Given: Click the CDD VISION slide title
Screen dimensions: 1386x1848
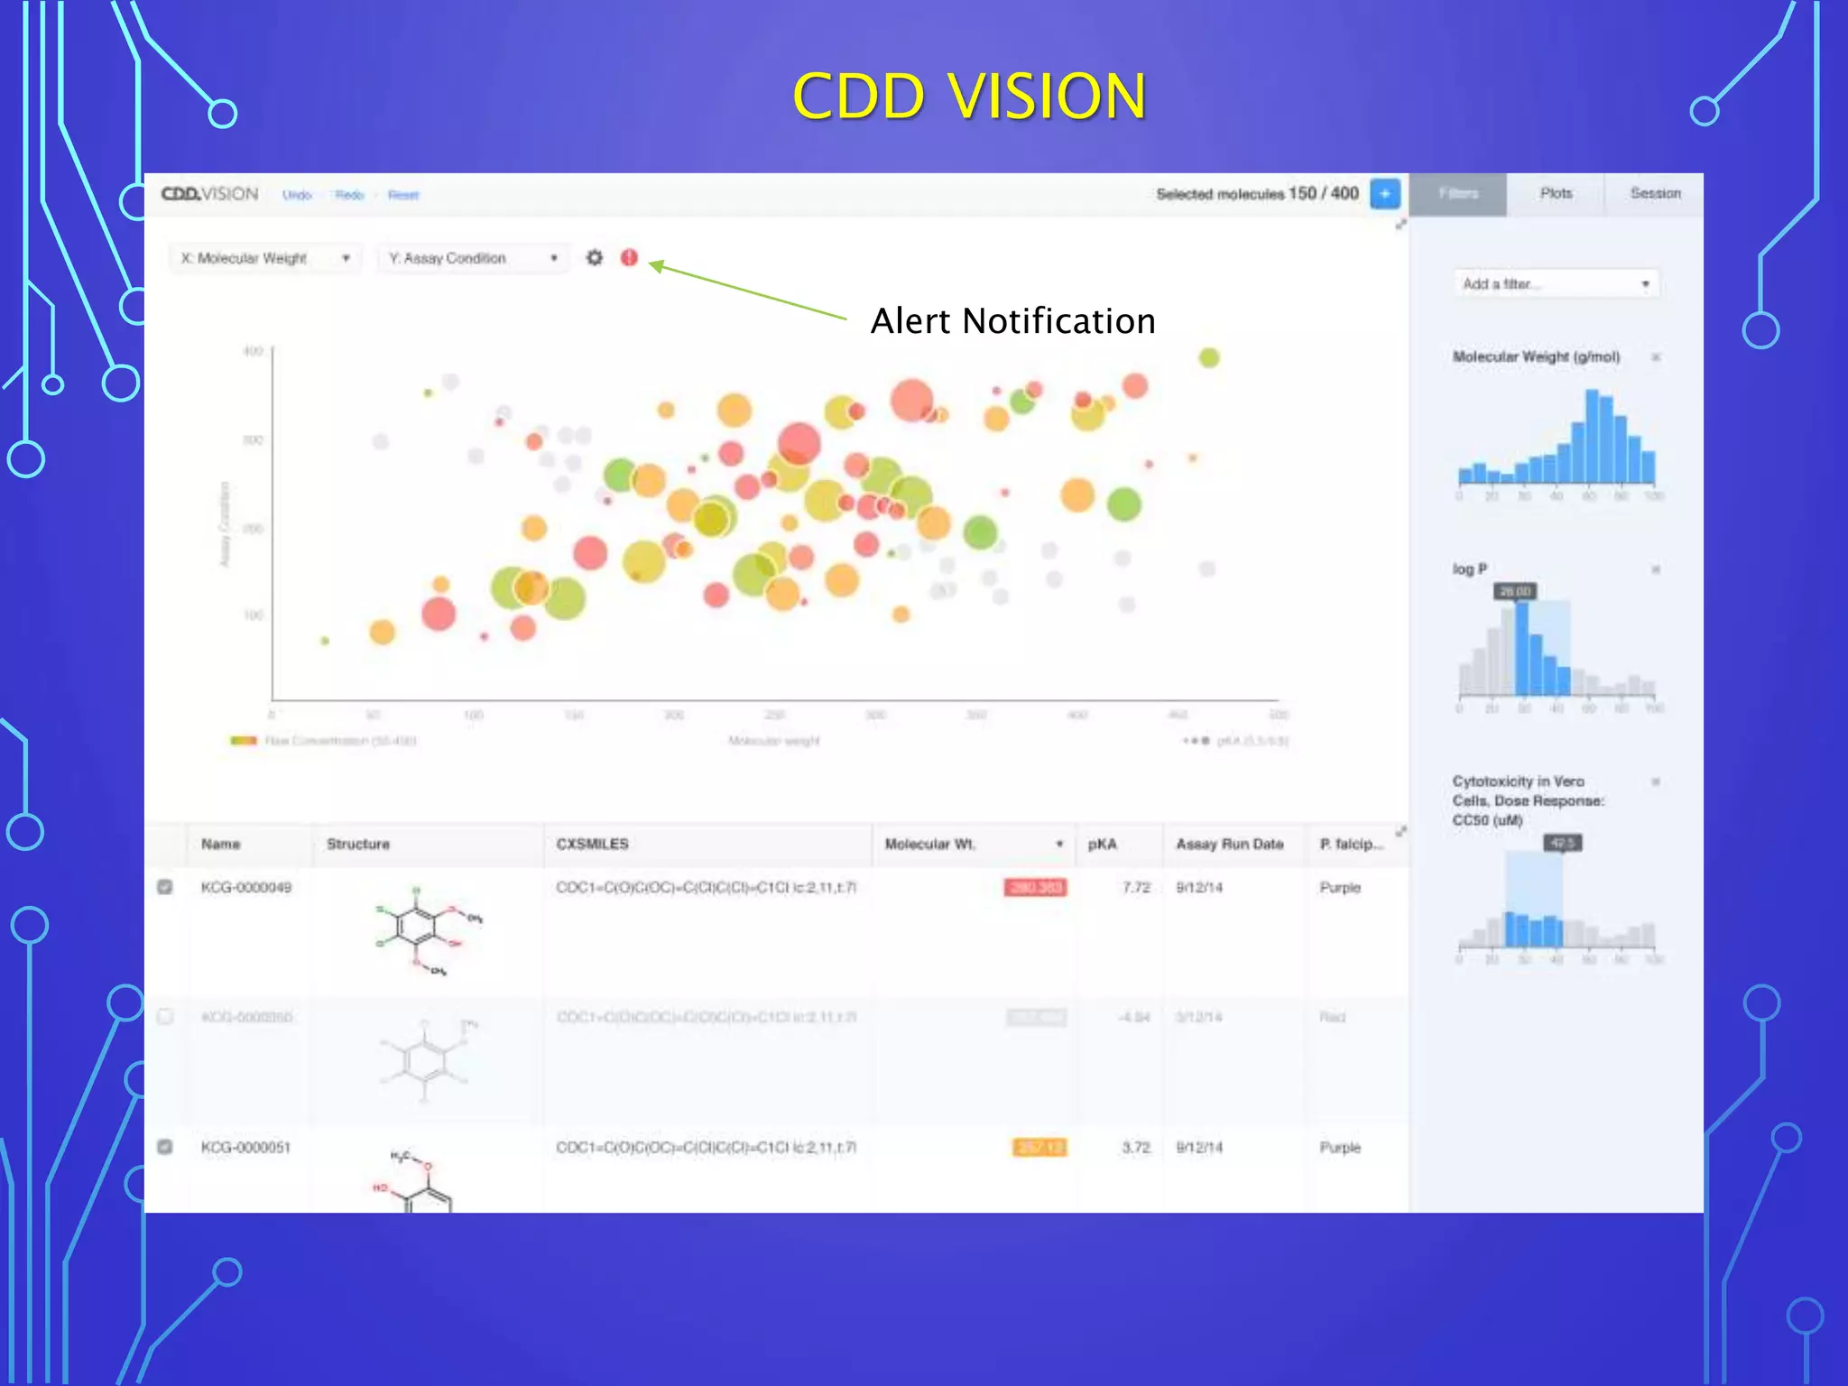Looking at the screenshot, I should [x=969, y=96].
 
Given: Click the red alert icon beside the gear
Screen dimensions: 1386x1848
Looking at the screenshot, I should [x=629, y=258].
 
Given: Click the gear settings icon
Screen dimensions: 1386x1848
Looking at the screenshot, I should [x=594, y=258].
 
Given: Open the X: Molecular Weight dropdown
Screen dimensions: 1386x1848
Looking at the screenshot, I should [x=265, y=258].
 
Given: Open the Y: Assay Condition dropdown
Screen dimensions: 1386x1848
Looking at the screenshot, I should [x=473, y=258].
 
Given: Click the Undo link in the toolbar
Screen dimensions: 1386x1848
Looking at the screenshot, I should [x=297, y=195].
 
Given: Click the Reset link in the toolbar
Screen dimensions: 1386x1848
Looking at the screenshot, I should [x=403, y=195].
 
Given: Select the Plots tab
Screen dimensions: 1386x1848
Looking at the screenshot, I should [x=1556, y=194].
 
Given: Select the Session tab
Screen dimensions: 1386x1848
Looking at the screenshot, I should [x=1655, y=194].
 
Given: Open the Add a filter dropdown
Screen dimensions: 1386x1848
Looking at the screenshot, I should [x=1556, y=284].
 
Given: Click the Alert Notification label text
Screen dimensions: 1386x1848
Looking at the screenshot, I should [x=1012, y=321].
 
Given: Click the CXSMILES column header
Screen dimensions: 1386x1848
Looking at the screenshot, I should [x=592, y=844].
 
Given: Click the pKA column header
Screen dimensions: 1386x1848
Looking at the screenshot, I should [x=1102, y=844].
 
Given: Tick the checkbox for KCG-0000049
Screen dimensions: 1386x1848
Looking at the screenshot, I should [x=165, y=887].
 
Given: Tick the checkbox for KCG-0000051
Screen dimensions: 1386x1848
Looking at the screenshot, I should [x=165, y=1147].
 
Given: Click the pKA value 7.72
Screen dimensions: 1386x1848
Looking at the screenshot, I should [x=1136, y=888].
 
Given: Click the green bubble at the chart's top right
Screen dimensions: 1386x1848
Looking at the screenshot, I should [x=1209, y=358].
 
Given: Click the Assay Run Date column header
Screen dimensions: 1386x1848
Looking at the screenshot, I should [x=1229, y=844].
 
